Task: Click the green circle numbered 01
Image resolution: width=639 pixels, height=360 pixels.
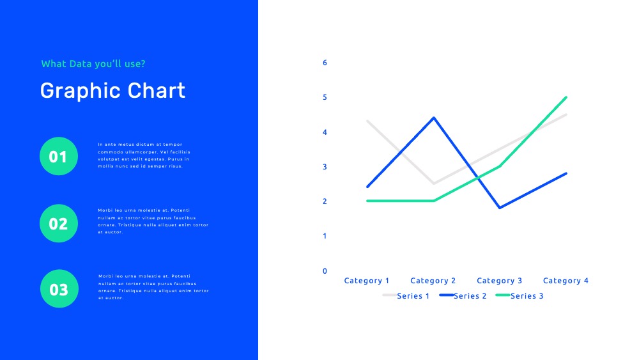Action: coord(59,156)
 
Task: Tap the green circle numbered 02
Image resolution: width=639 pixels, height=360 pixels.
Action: coord(59,223)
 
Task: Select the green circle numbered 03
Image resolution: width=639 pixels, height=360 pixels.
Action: coord(59,288)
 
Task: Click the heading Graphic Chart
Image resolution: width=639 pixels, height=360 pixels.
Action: coord(112,91)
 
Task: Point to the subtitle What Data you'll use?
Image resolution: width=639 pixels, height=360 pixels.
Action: coord(93,63)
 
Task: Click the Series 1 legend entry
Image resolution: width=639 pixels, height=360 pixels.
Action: coord(406,295)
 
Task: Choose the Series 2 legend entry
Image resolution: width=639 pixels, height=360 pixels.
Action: coord(463,295)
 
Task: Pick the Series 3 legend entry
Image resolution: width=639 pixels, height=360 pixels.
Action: coord(520,295)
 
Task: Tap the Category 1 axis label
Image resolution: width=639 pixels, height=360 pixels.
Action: coord(367,281)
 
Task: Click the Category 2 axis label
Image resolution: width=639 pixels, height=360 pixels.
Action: coord(433,281)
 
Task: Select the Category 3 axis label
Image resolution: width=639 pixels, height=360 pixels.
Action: coord(500,281)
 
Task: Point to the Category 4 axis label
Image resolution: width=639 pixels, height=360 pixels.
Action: coord(566,281)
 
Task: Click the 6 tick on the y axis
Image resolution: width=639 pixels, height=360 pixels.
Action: coord(325,63)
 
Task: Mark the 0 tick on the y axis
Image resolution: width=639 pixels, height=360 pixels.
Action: coord(325,271)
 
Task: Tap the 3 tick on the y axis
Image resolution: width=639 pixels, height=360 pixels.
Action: coord(325,167)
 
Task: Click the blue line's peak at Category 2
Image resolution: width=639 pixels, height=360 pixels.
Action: coord(434,118)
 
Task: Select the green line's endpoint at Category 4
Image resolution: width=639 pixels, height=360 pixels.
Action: coord(566,97)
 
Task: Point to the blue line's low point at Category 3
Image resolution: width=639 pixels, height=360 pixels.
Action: coord(500,208)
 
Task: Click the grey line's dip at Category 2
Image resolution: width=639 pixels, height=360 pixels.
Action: coord(434,184)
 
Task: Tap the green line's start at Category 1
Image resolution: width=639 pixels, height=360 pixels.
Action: coord(367,201)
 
